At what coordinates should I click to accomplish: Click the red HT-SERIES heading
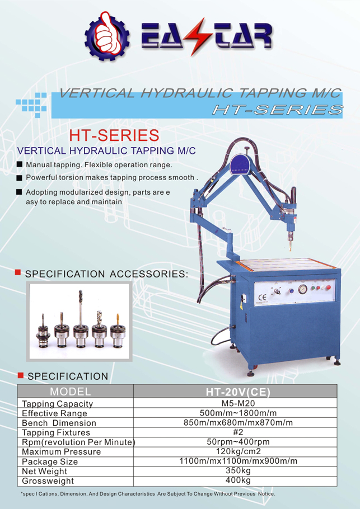[x=114, y=135]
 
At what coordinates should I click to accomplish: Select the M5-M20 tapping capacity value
[x=236, y=402]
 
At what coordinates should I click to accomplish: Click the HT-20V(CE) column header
[x=235, y=390]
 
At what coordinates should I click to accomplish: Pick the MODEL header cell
[x=74, y=390]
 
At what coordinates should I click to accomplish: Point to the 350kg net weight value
[x=236, y=471]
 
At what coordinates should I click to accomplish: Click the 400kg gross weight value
[x=236, y=480]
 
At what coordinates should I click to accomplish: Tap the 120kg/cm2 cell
[x=236, y=451]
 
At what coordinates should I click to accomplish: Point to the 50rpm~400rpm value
[x=236, y=442]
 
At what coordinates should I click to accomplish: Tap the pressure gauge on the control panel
[x=302, y=290]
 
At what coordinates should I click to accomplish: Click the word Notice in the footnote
[x=266, y=494]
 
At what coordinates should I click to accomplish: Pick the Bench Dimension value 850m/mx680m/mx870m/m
[x=236, y=422]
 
